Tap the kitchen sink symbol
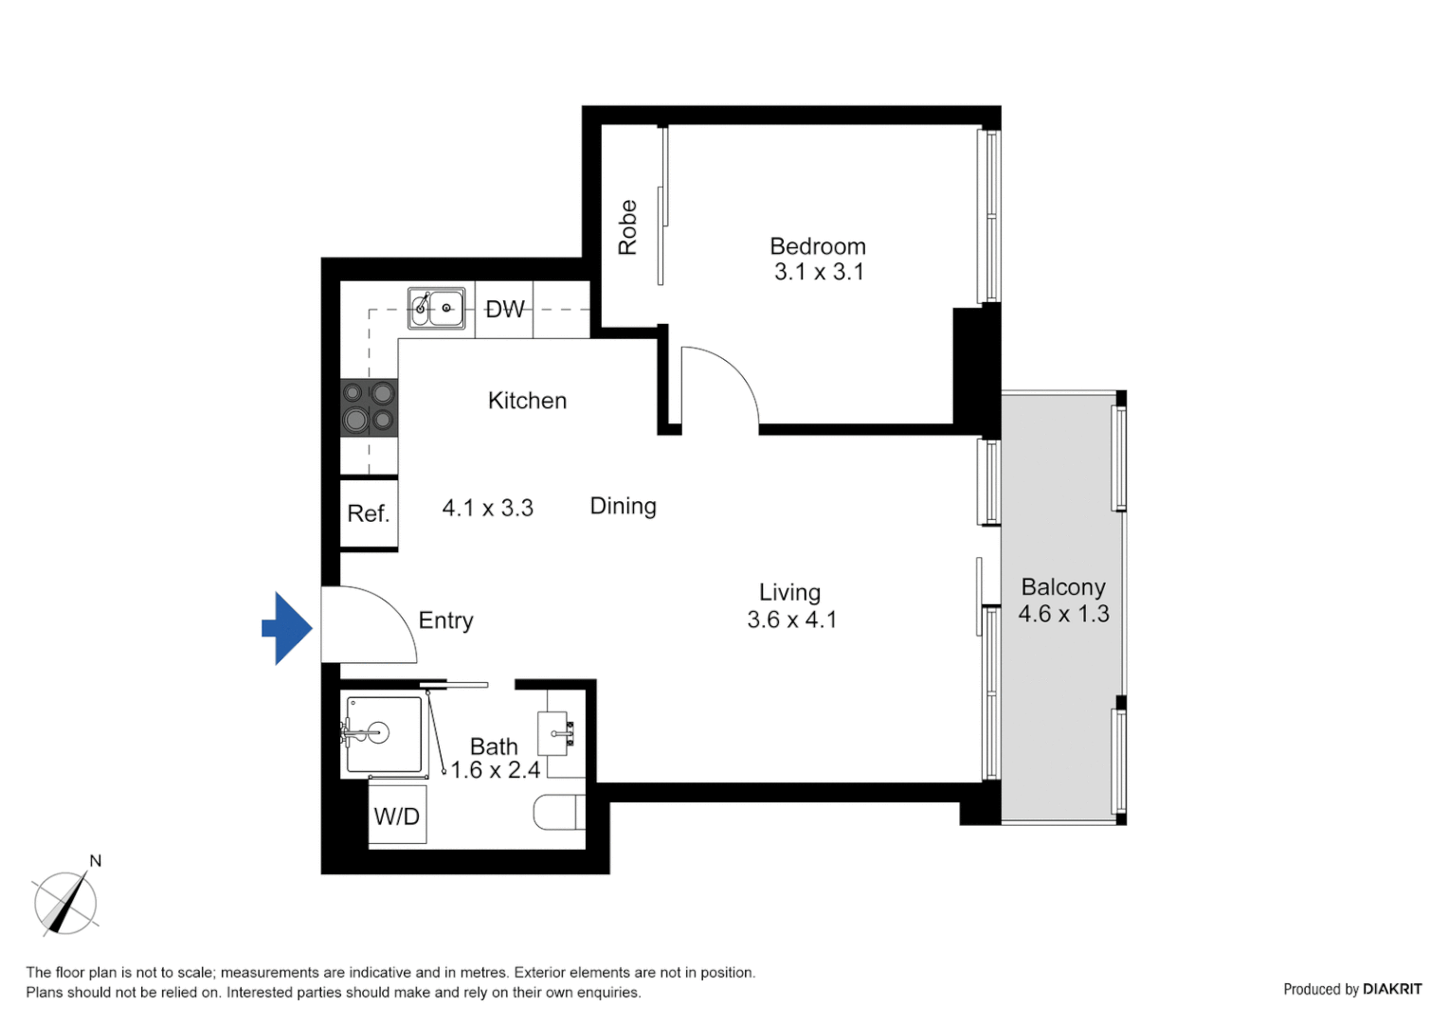pos(437,309)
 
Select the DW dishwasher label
pos(504,310)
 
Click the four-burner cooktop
pos(369,407)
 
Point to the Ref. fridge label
pos(369,513)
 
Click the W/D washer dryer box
pos(397,816)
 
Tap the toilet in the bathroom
pos(559,813)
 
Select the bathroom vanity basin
pos(554,733)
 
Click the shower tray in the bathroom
pos(384,735)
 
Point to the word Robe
pos(627,227)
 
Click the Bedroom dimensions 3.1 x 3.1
pos(819,272)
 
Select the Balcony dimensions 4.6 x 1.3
pos(1063,614)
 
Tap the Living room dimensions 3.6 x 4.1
pos(791,619)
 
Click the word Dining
pos(623,506)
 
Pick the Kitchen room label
pos(527,401)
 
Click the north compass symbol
pos(65,902)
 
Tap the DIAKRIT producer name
pos(1391,989)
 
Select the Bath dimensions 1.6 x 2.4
pos(495,770)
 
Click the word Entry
pos(445,620)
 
